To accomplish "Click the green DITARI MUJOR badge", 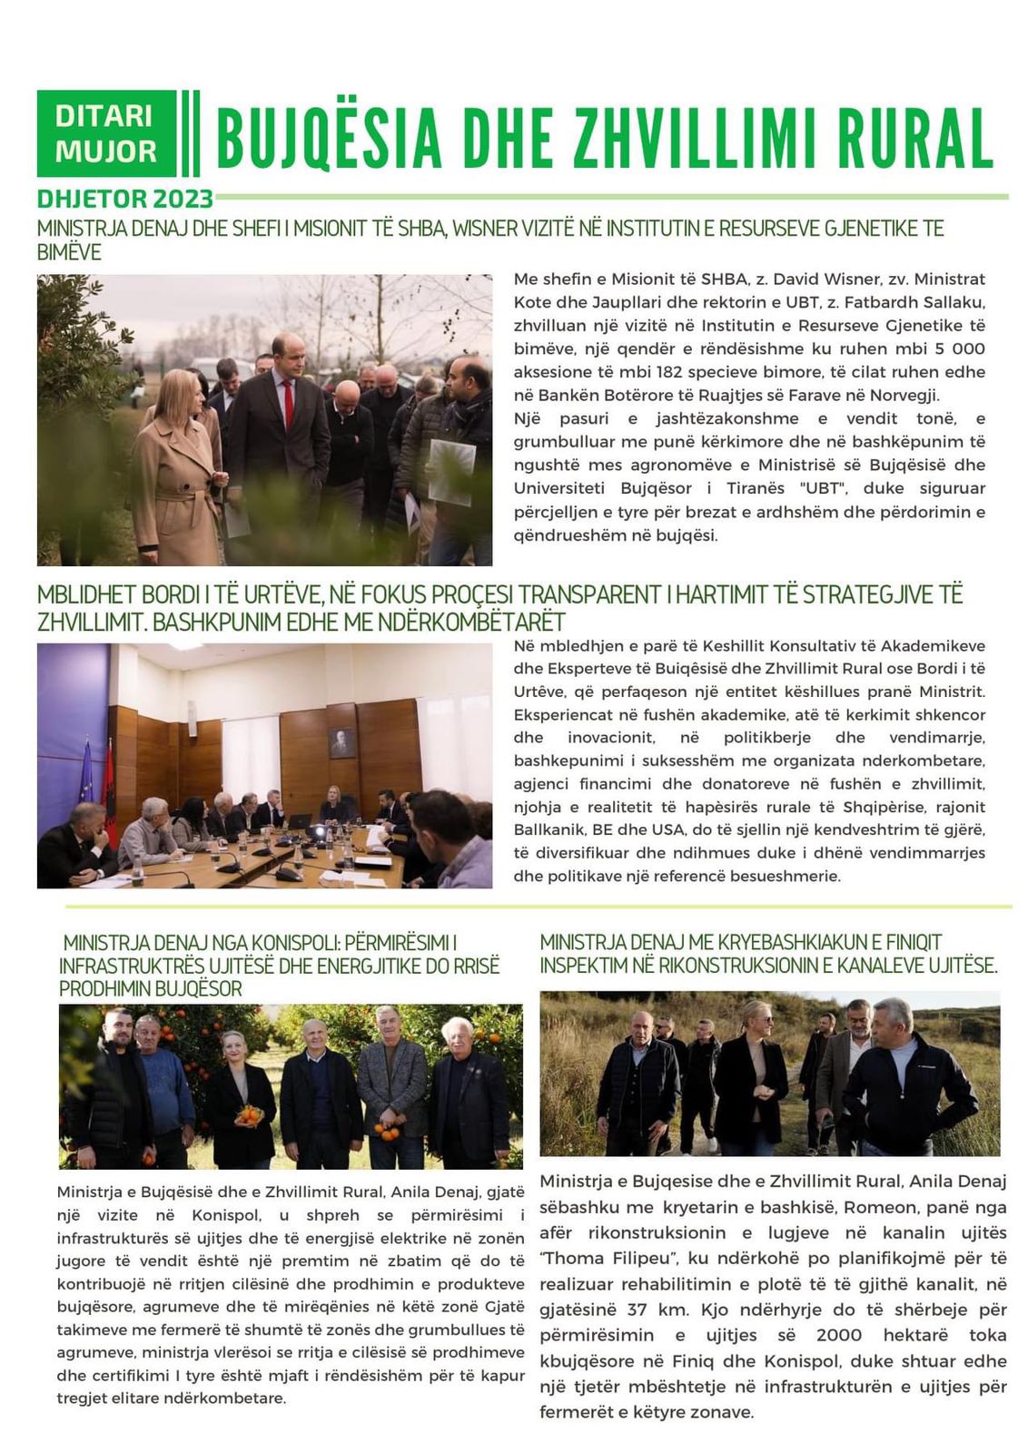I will pos(106,133).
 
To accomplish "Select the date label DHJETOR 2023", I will pos(125,199).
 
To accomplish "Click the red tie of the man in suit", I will pos(289,405).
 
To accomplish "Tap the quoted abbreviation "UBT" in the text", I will pos(825,488).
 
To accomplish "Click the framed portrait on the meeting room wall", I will pos(341,742).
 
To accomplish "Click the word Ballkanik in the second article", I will pos(550,829).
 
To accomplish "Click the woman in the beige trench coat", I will pos(177,472).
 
